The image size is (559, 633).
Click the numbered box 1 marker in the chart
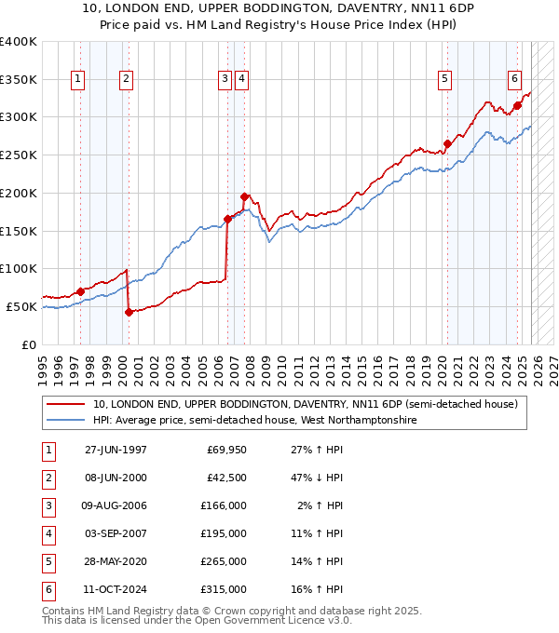[77, 80]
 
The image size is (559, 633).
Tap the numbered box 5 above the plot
[445, 80]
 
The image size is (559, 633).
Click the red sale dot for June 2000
[129, 312]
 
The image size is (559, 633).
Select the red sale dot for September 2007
[244, 196]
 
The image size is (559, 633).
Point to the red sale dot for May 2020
[447, 143]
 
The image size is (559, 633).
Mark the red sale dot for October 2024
[517, 105]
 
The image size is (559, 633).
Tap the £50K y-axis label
[21, 306]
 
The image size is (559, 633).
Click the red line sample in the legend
[66, 404]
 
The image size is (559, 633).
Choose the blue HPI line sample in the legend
[66, 420]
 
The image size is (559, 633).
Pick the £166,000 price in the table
[223, 505]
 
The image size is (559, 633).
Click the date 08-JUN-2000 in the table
[116, 478]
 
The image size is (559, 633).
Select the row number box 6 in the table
[47, 589]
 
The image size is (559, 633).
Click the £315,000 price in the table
[223, 589]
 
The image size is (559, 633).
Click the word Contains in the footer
[63, 611]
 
